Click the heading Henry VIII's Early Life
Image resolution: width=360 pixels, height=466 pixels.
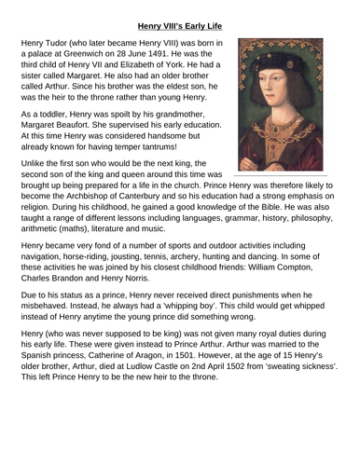(180, 13)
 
